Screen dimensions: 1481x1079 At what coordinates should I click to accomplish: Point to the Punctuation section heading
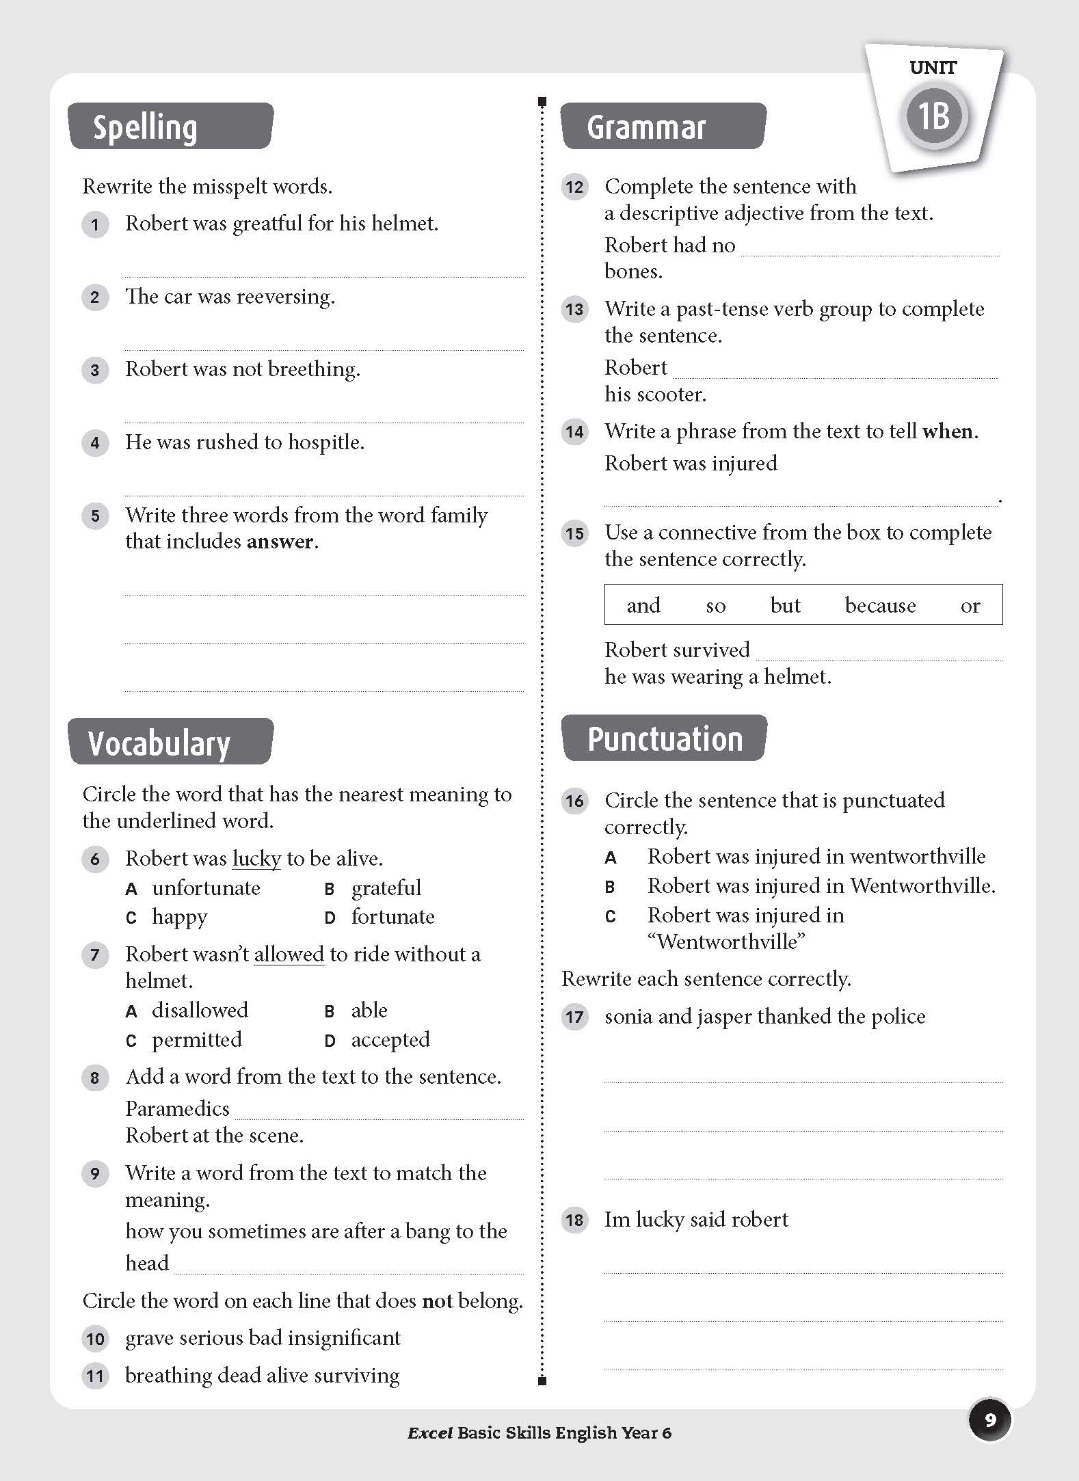[664, 738]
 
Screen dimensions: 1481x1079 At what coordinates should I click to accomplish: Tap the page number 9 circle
[989, 1420]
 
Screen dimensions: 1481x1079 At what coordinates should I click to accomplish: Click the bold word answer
[281, 542]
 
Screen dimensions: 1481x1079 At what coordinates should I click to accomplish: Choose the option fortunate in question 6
[392, 916]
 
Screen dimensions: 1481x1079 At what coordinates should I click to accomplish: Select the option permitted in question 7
[197, 1039]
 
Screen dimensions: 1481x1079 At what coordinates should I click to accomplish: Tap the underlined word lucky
[256, 859]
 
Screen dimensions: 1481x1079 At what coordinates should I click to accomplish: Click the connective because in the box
[880, 605]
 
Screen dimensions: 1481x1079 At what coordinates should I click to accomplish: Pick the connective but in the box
[784, 605]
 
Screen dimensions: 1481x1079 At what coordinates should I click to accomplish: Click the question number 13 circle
[574, 309]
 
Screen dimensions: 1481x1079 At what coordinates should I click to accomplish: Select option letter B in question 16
[610, 887]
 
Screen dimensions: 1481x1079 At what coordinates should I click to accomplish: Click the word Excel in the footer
[429, 1433]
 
